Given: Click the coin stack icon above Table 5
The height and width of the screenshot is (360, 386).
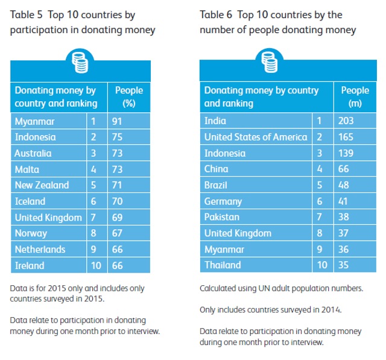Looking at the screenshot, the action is [80, 63].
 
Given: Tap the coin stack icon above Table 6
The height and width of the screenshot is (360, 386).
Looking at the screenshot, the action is [270, 62].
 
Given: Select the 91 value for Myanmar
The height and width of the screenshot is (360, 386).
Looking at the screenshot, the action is [117, 121].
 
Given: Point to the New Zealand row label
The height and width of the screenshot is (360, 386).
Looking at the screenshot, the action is [42, 185].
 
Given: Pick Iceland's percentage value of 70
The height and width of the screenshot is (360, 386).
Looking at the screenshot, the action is [118, 201].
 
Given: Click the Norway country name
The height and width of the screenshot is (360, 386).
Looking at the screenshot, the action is [31, 233].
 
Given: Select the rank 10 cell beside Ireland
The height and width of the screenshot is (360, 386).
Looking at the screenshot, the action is [96, 265].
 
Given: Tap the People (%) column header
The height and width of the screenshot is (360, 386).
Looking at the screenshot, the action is [129, 96].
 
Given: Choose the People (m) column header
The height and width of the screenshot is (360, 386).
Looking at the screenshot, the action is [355, 96].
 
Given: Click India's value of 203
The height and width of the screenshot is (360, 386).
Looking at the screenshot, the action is [346, 121].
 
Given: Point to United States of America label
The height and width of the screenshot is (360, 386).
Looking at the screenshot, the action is [256, 137].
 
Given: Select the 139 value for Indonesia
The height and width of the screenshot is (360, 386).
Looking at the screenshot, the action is [346, 153].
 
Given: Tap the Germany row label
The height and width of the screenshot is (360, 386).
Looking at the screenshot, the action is [223, 201].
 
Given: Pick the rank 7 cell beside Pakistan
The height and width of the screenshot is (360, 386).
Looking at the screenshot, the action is [319, 217].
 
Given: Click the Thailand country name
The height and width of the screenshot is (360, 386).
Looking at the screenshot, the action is [223, 265].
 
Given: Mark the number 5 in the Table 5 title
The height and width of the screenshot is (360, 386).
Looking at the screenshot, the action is [40, 14].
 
